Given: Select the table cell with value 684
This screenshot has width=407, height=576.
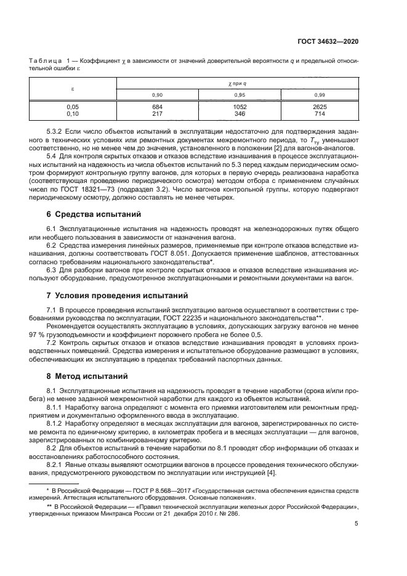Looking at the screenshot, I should point(156,107).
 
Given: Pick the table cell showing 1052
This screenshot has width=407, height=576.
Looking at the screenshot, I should point(239,107).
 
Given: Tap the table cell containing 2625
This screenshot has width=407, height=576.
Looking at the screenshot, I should point(319,107).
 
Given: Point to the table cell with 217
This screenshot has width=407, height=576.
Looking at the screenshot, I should point(156,114).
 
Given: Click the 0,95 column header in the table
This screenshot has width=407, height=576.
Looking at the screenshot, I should point(239,94).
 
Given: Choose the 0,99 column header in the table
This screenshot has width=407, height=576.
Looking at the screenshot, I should point(319,94).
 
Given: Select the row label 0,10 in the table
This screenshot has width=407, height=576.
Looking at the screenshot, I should point(73,114).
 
